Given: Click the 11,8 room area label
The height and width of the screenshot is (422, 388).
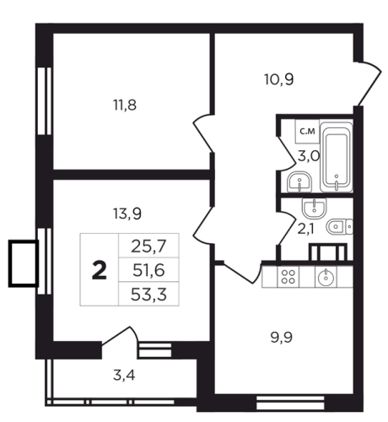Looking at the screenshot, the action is point(125,105).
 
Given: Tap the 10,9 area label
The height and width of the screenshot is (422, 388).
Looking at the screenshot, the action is point(279,79).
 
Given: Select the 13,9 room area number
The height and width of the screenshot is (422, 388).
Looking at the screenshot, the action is point(127,214).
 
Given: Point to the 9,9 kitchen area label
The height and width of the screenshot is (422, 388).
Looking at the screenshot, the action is point(282,338).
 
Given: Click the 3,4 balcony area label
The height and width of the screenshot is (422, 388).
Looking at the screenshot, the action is point(124,376).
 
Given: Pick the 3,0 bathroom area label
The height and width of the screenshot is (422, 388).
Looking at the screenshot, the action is point(309,156).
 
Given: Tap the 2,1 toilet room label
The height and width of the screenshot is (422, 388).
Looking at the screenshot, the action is point(305,230).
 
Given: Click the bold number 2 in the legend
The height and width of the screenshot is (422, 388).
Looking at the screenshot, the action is point(100,270).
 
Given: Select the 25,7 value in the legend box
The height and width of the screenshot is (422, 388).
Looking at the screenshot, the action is point(148,246).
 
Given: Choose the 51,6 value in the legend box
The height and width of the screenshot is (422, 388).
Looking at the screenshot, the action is point(148,271).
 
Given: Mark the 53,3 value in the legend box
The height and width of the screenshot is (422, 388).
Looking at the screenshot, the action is point(148,295).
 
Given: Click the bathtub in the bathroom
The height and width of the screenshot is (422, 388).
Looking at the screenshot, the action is point(337,157).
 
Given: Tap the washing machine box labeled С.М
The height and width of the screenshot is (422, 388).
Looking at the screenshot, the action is point(307,132).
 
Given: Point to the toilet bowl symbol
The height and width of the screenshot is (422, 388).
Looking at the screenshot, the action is point(340,226).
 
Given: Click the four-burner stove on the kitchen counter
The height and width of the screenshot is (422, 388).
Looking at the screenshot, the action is point(288,277).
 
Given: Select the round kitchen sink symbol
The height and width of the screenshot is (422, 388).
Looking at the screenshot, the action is point(326,277).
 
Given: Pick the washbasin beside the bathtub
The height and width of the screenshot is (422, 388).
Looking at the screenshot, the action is point(299,181).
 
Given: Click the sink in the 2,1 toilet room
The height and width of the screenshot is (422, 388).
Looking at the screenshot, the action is point(315,208).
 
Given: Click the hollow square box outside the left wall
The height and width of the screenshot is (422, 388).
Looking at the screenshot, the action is point(24,263).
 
